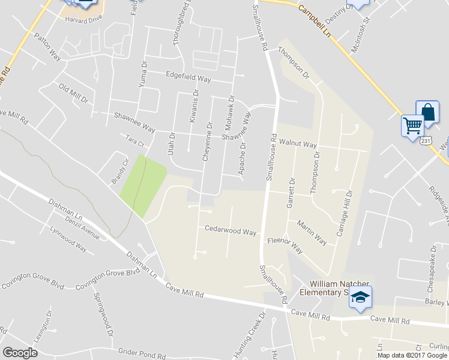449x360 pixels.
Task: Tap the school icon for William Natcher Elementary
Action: point(361,297)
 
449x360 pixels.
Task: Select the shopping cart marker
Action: point(412,126)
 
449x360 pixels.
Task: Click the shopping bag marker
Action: point(427,112)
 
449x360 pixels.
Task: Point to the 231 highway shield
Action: point(425,140)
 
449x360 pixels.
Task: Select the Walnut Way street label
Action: point(298,145)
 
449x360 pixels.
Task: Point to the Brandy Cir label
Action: point(120,171)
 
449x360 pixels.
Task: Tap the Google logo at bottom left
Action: point(20,352)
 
